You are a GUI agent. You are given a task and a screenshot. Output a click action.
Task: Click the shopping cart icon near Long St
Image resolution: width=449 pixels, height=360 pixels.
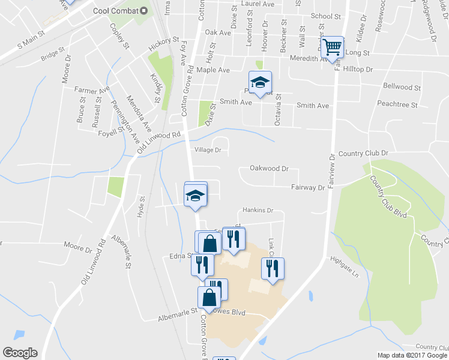(x=332, y=47)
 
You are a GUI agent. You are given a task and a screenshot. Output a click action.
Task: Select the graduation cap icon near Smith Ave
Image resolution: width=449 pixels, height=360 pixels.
(x=261, y=83)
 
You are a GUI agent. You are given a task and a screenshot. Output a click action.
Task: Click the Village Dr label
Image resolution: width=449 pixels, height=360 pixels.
(x=208, y=149)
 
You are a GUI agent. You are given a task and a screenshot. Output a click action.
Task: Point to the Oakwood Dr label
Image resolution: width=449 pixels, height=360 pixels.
(x=270, y=169)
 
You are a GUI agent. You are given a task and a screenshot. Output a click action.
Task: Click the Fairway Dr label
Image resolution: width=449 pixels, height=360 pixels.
(x=307, y=187)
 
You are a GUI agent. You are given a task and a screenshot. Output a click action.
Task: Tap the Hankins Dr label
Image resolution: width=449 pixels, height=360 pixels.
(x=258, y=211)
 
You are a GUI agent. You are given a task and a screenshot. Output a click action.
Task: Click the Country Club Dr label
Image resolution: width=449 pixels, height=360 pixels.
(x=363, y=154)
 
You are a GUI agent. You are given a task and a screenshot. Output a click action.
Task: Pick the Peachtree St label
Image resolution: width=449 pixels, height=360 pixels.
(x=398, y=104)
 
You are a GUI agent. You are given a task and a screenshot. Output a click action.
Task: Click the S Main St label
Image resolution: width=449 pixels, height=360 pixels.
(x=30, y=41)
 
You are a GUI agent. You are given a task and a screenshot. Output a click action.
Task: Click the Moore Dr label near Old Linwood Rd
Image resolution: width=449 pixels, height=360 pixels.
(x=80, y=245)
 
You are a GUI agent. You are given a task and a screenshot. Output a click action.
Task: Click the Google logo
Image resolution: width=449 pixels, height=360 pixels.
(x=20, y=353)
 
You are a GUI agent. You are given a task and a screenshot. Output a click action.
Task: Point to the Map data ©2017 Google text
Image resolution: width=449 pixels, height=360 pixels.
(x=411, y=355)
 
